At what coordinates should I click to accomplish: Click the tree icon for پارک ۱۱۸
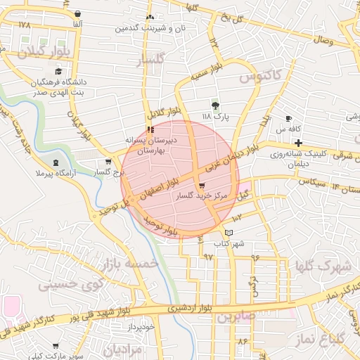tap(215, 105)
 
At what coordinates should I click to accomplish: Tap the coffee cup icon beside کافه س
tap(288, 118)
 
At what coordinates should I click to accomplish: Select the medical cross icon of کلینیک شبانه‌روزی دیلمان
tap(299, 143)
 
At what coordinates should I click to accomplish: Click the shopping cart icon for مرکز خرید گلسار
tap(202, 186)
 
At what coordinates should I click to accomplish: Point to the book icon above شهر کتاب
tap(229, 233)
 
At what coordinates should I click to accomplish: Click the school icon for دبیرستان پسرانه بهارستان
tap(150, 129)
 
